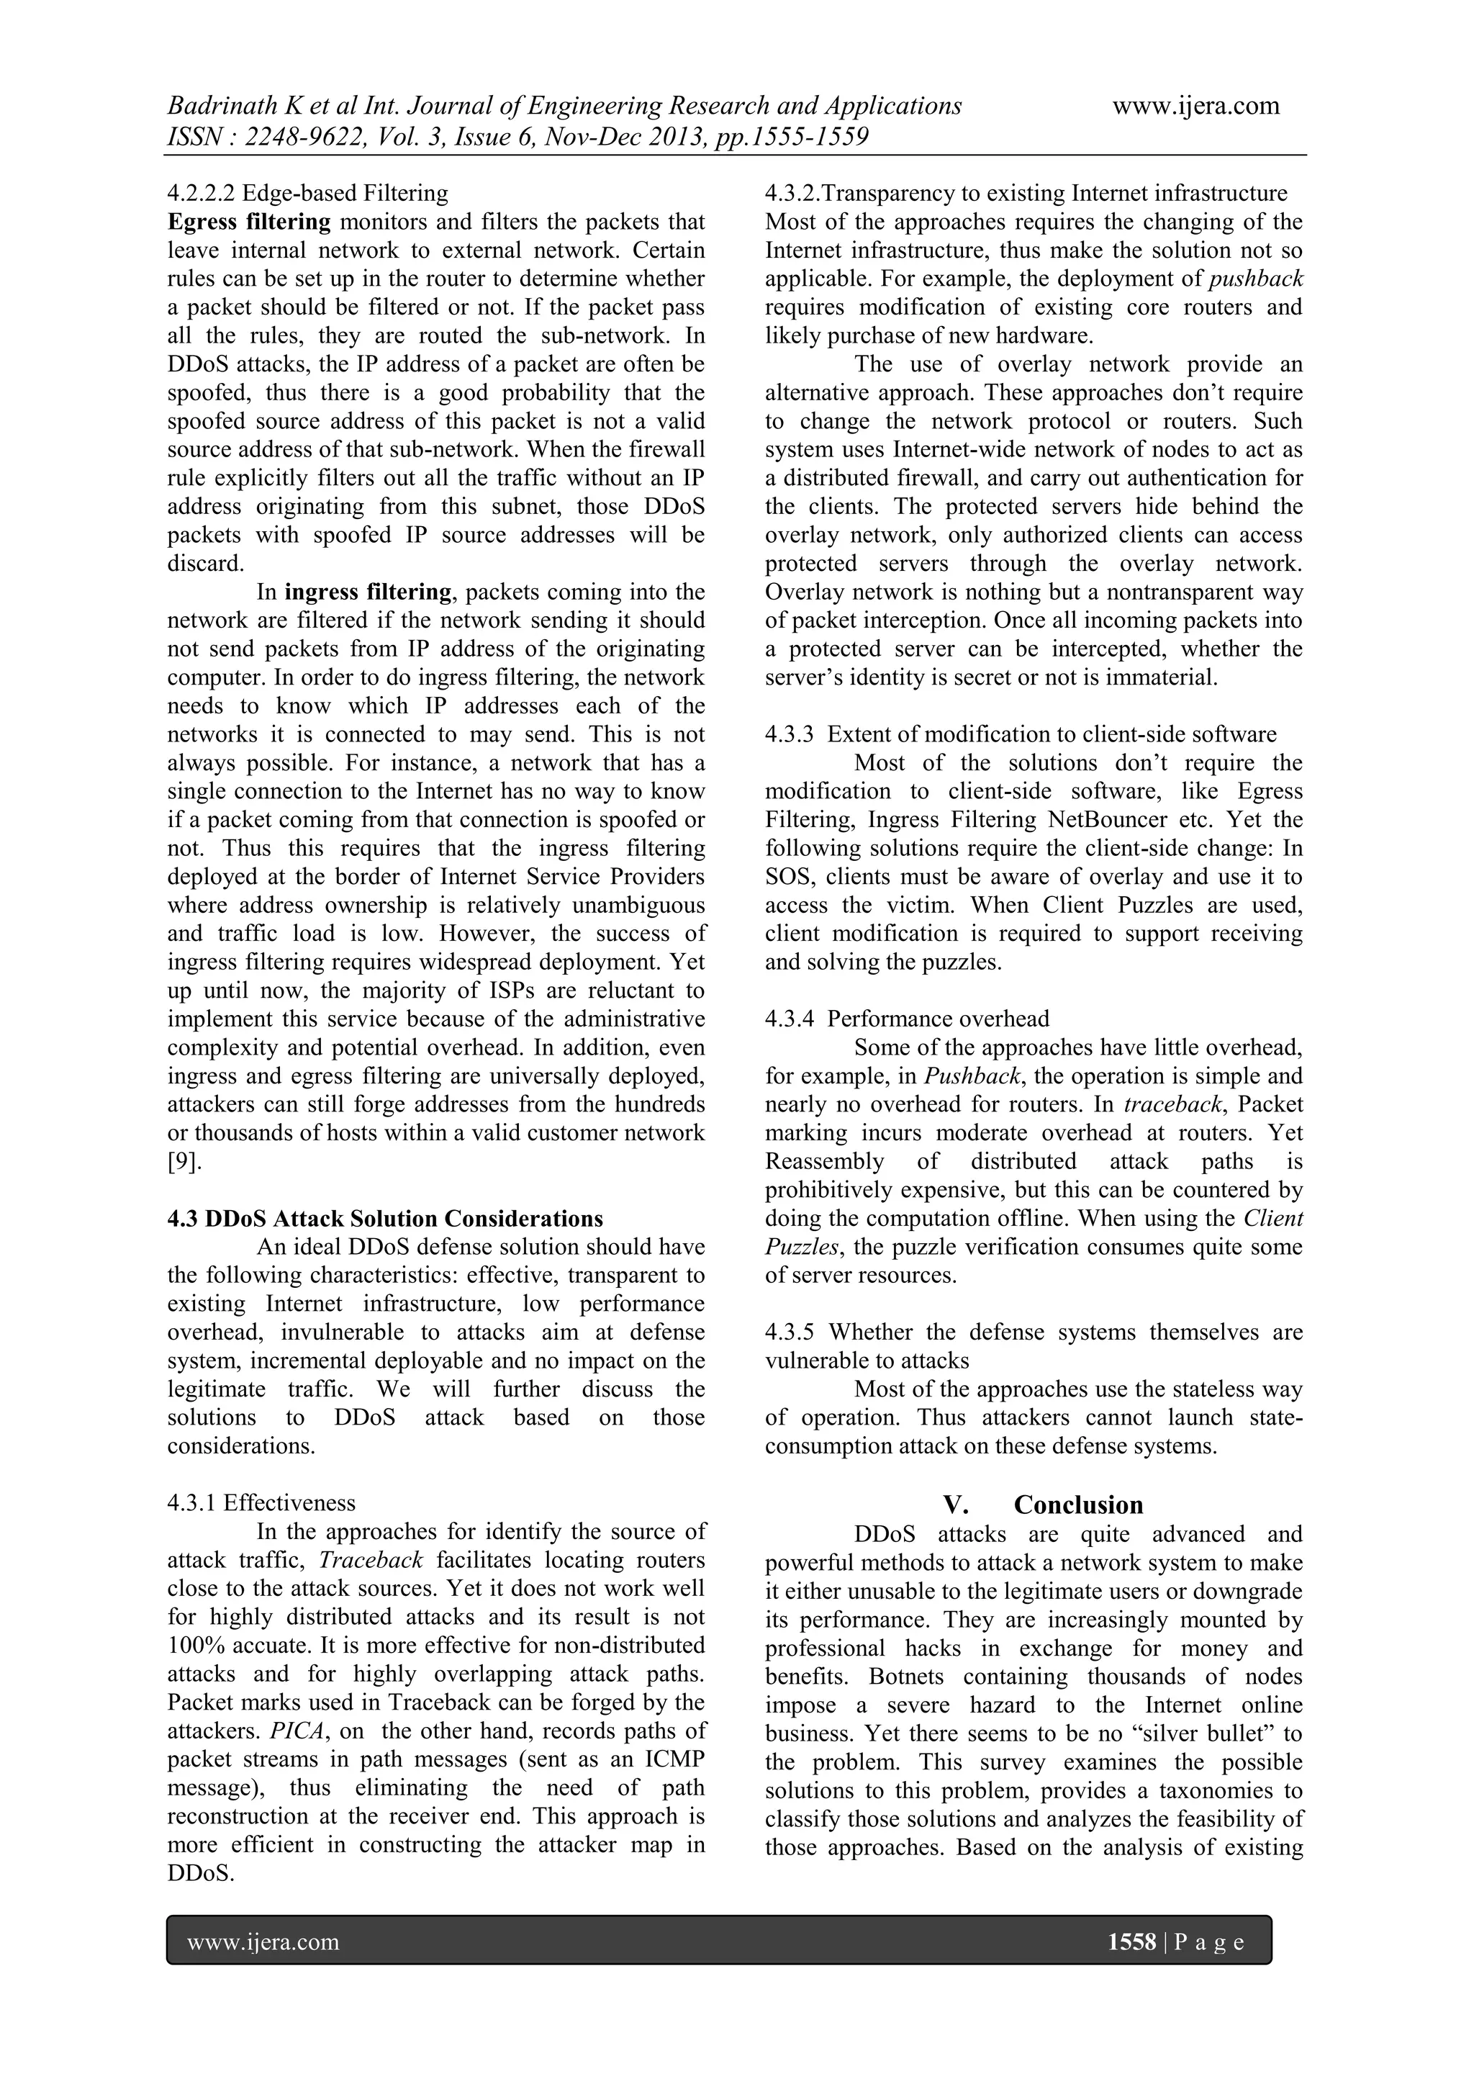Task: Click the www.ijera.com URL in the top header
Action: (1195, 107)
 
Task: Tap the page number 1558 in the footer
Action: (1131, 1942)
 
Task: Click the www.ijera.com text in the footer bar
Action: (263, 1942)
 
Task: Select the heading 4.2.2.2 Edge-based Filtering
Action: (308, 194)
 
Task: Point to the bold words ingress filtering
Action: (368, 592)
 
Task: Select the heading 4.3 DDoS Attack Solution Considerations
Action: (385, 1218)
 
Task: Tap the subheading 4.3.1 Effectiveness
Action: (261, 1503)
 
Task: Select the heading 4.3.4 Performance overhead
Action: (907, 1019)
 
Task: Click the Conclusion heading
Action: (1077, 1505)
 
